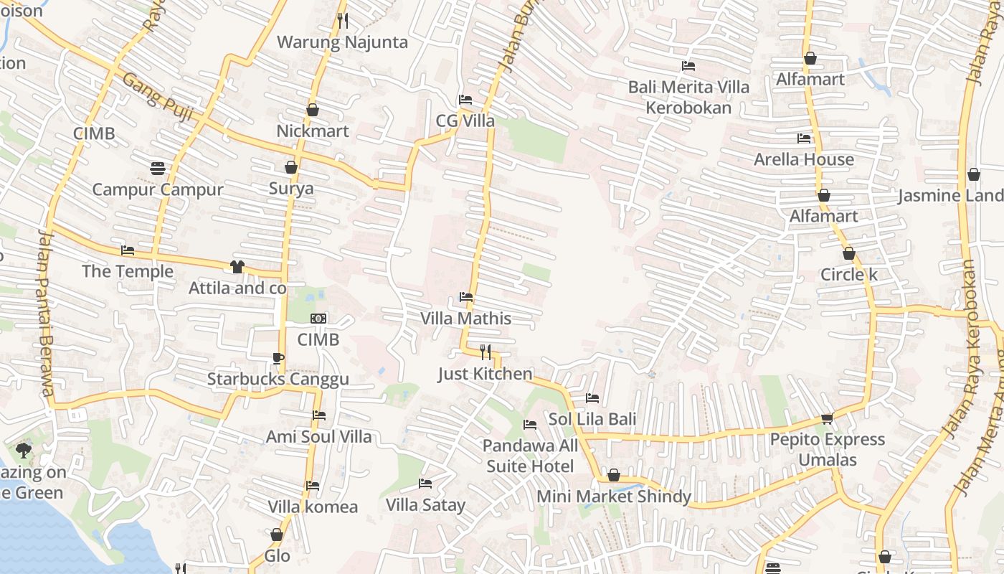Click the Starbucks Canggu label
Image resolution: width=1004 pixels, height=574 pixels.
[278, 379]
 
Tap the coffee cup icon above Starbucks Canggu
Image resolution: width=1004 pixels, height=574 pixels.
[278, 358]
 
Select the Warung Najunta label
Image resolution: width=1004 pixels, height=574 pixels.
[342, 42]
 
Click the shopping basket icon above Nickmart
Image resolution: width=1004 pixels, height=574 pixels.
[312, 110]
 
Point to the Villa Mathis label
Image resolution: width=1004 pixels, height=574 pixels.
[466, 318]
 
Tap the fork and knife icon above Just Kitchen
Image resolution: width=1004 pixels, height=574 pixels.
[486, 352]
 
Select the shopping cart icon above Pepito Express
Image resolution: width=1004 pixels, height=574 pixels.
[827, 418]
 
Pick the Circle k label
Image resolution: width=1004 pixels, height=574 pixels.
[849, 275]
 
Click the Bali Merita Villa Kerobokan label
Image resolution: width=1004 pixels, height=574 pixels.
[688, 97]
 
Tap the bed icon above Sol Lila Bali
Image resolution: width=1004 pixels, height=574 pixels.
[592, 397]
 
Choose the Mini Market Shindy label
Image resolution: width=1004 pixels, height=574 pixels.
[614, 496]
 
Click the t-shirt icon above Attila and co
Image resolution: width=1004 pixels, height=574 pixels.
[237, 267]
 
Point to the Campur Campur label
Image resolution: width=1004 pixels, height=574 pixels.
[158, 190]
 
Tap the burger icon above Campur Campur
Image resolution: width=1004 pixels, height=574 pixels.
[158, 169]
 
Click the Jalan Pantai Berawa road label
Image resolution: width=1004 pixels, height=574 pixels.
[46, 312]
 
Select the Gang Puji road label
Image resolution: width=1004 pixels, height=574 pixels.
[153, 90]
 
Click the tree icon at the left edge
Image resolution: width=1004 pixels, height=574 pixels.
[23, 451]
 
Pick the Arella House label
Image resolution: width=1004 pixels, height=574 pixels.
[803, 159]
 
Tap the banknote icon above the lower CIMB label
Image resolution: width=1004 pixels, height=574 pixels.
[318, 318]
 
